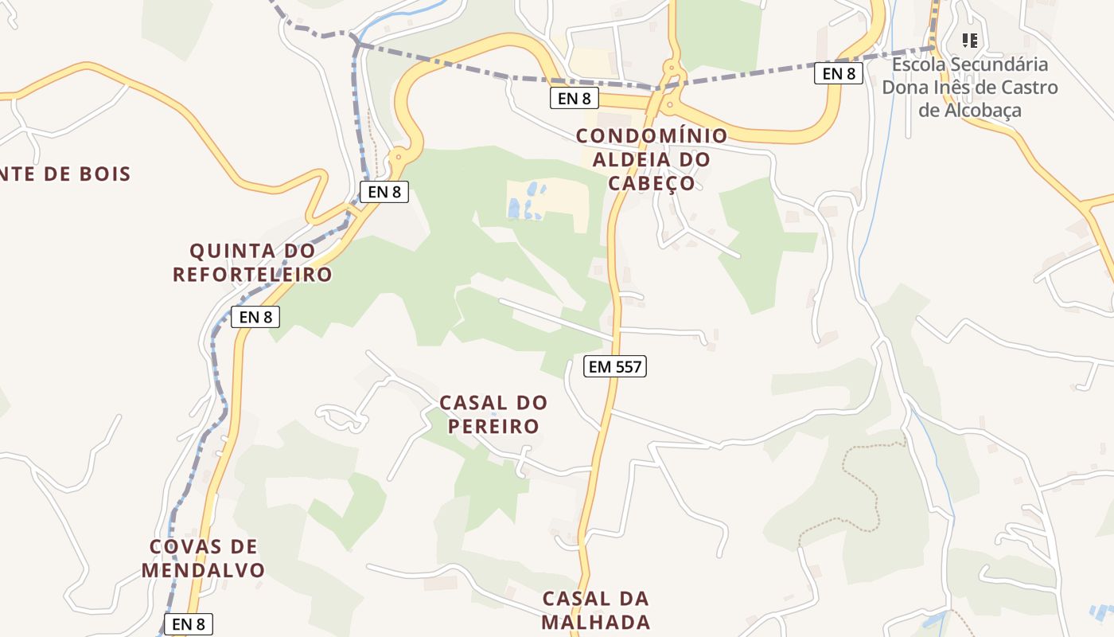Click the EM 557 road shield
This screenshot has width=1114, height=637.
(x=614, y=366)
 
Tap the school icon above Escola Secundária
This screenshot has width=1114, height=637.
(x=969, y=40)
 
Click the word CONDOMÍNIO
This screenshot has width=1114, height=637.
(x=652, y=136)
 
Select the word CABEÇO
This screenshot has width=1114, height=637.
(x=652, y=183)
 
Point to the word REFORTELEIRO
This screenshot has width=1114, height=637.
(x=252, y=275)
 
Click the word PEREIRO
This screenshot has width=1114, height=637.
(x=493, y=426)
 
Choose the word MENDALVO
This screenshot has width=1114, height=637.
(x=203, y=570)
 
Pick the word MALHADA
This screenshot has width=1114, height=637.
(x=596, y=622)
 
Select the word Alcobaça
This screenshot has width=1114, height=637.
(x=969, y=111)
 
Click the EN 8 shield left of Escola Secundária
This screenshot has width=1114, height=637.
(x=839, y=74)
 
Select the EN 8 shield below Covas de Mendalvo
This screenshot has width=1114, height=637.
(x=189, y=624)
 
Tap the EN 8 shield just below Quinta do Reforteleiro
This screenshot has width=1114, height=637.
(x=255, y=317)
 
